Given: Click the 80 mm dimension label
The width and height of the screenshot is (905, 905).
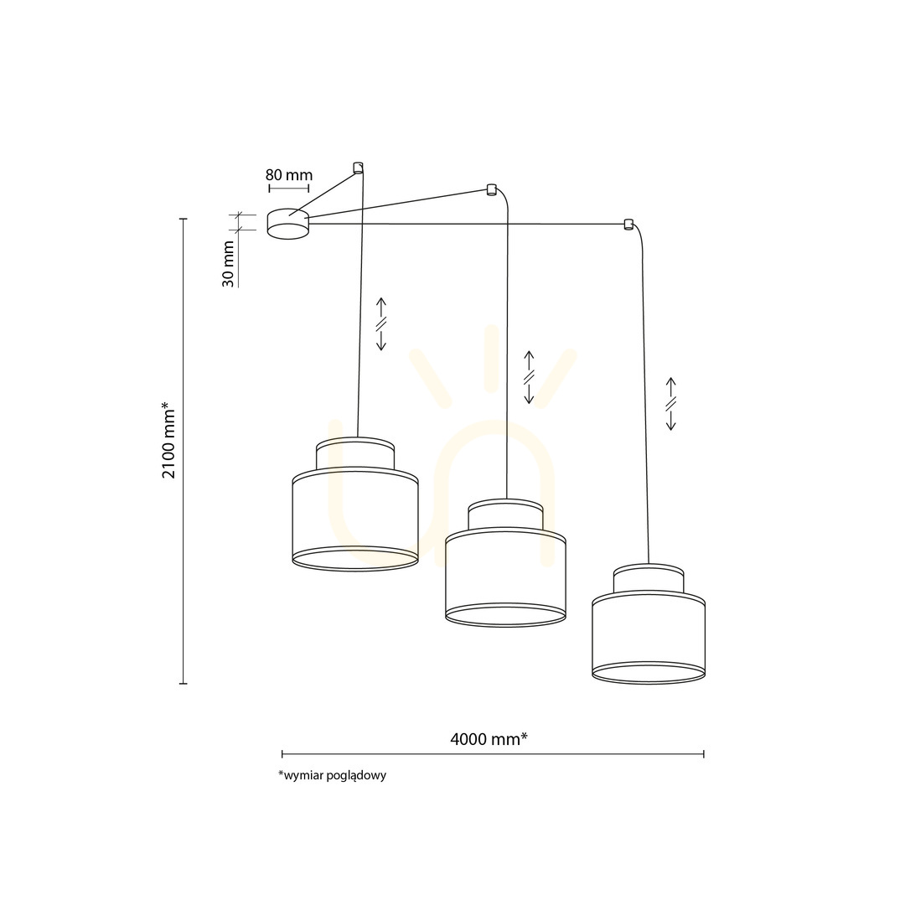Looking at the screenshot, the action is point(289,175).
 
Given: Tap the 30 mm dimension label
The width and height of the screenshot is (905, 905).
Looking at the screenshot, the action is point(229,264).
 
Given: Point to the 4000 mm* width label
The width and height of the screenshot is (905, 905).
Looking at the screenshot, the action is point(489,739).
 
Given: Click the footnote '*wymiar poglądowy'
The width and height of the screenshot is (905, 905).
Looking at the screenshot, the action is point(332,775).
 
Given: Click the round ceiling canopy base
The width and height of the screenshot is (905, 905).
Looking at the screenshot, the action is point(288,224).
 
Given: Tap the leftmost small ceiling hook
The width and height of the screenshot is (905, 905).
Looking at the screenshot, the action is point(358,168).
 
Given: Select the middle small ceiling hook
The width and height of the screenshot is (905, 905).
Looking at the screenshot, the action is point(491,189).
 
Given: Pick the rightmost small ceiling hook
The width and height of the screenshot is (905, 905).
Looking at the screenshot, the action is point(628,224).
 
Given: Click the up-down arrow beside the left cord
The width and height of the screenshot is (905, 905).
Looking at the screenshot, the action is point(381,324).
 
